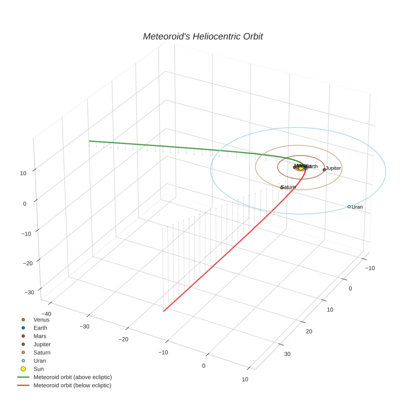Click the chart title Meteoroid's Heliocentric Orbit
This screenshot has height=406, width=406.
203,37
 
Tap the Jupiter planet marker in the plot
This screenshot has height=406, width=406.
324,170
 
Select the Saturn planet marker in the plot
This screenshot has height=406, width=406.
282,188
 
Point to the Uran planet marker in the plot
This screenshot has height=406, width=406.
349,207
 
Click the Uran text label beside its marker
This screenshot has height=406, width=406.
357,207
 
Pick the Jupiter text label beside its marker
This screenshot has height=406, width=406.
333,168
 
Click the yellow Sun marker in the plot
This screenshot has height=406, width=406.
301,168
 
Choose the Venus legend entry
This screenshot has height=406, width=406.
41,319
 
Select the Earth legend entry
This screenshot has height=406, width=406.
40,328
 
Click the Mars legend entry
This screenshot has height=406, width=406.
40,336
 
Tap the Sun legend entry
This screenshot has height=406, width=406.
38,369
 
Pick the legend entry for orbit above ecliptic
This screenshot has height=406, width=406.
73,377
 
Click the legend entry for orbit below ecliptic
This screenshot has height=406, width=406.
72,385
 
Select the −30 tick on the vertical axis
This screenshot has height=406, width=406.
29,293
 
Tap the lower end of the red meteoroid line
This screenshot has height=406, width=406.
164,311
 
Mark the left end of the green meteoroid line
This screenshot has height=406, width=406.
89,141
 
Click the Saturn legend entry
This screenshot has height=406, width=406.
42,353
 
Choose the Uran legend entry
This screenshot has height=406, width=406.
39,361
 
